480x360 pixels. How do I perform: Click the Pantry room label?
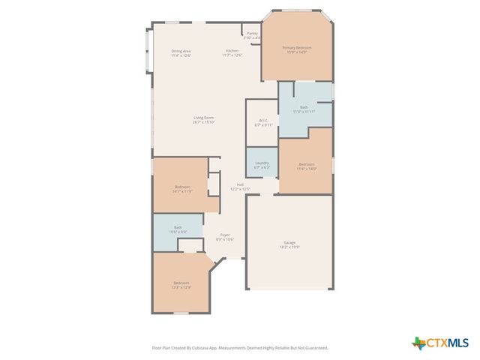253,33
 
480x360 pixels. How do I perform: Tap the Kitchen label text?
232,50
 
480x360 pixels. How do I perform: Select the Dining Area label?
181,50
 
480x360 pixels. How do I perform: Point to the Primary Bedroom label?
296,47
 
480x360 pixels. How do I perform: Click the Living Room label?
204,117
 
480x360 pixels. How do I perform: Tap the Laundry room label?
262,163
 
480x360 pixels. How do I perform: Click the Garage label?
289,242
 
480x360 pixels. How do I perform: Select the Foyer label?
225,235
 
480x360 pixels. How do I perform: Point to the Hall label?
241,184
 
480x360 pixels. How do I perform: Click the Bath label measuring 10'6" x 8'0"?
178,227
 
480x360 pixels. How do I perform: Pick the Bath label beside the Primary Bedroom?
304,107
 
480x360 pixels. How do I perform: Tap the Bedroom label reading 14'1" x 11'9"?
183,186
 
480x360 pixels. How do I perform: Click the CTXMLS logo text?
448,343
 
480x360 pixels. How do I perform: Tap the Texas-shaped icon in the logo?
418,343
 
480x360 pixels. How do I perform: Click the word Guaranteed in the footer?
314,348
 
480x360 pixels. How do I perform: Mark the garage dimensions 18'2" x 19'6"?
289,247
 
